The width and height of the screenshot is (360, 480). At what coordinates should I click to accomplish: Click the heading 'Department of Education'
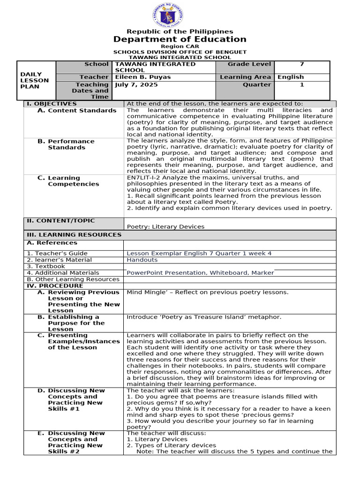click(x=180, y=39)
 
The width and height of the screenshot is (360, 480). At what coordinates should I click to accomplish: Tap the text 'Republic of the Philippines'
click(x=180, y=31)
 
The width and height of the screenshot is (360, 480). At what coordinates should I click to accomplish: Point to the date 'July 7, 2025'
click(x=136, y=85)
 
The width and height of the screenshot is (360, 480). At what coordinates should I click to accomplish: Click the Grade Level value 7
click(x=302, y=64)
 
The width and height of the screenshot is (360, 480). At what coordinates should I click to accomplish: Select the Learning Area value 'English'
click(x=291, y=77)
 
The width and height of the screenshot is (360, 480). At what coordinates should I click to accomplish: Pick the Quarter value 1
click(x=302, y=85)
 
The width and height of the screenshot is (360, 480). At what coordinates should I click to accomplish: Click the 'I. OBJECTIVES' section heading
click(x=51, y=104)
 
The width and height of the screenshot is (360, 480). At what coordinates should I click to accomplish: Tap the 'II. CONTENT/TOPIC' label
click(x=60, y=221)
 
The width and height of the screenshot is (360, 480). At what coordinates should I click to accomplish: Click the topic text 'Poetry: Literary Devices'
click(x=165, y=227)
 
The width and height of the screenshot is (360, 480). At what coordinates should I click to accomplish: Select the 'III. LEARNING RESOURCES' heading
click(x=74, y=235)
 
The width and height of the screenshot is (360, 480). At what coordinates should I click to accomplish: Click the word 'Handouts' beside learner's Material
click(x=142, y=260)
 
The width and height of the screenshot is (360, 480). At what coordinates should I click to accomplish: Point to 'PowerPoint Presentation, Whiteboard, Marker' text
click(x=200, y=273)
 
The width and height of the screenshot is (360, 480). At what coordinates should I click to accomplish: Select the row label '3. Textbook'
click(x=46, y=266)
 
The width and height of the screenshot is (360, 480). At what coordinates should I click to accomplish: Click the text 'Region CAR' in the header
click(x=180, y=46)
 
